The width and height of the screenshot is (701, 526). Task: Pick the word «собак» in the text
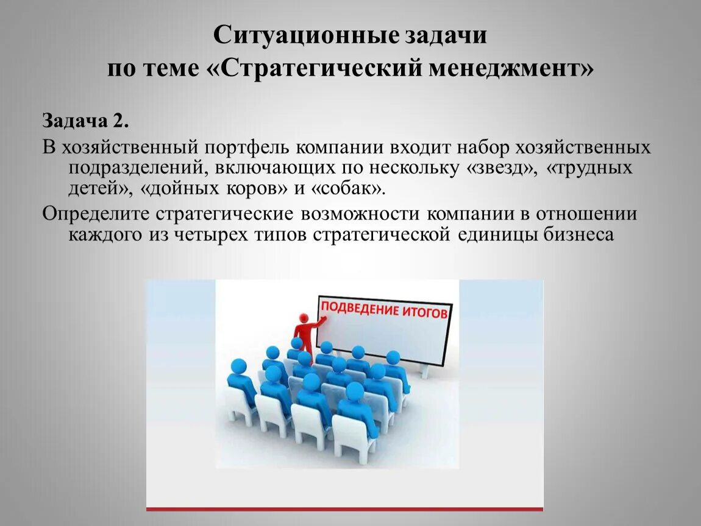(348, 188)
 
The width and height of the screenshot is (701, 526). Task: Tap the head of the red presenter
(303, 318)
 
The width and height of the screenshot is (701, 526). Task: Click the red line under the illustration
(344, 508)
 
